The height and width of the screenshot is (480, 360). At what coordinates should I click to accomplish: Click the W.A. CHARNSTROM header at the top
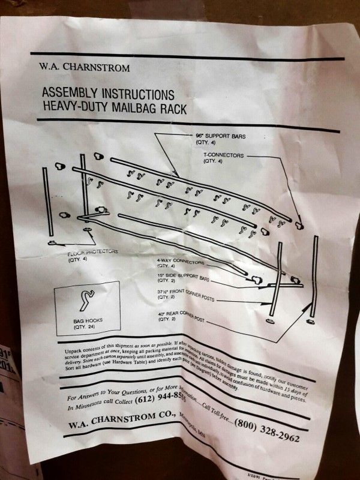tap(84, 68)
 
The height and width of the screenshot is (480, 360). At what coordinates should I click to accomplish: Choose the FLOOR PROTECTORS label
tap(93, 253)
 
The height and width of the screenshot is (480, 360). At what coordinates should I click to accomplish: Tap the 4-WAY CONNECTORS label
tap(181, 262)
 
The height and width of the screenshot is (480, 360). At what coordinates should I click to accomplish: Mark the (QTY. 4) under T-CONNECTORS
tap(214, 161)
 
